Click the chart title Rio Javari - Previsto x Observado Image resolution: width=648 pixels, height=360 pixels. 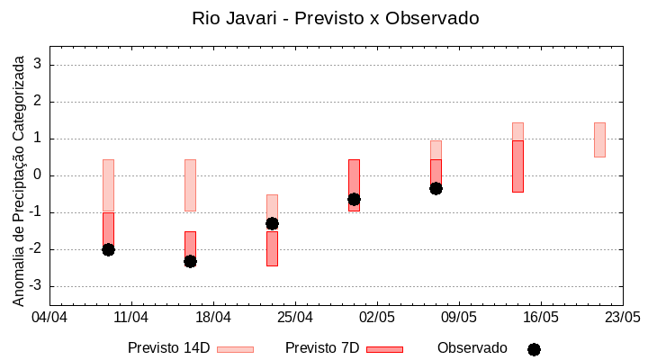pyautogui.click(x=336, y=18)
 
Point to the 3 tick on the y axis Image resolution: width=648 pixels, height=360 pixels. pyautogui.click(x=39, y=65)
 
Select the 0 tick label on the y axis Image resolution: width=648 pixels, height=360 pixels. pyautogui.click(x=39, y=175)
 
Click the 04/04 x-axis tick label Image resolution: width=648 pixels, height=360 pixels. pyautogui.click(x=49, y=318)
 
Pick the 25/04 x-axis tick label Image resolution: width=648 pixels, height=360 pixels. pyautogui.click(x=295, y=318)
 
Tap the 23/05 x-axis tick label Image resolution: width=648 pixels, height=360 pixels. pyautogui.click(x=622, y=318)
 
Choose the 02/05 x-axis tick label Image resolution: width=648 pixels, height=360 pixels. pyautogui.click(x=377, y=318)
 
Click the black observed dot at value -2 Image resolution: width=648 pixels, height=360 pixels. pyautogui.click(x=108, y=249)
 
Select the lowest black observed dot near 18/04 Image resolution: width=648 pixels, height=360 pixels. pyautogui.click(x=190, y=261)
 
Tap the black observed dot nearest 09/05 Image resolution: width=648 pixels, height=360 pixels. pyautogui.click(x=436, y=188)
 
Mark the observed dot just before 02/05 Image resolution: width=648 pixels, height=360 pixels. pyautogui.click(x=354, y=199)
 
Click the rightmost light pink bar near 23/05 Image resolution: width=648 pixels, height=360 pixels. pyautogui.click(x=599, y=139)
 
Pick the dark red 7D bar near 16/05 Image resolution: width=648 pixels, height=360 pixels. pyautogui.click(x=517, y=166)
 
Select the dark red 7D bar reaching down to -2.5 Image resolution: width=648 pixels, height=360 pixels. pyautogui.click(x=272, y=248)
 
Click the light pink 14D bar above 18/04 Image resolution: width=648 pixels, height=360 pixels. pyautogui.click(x=190, y=185)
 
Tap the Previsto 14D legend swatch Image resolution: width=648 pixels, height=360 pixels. pyautogui.click(x=235, y=349)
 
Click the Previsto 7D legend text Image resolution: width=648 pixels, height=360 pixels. pyautogui.click(x=322, y=348)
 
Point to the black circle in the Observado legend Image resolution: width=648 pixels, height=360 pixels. pyautogui.click(x=534, y=349)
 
